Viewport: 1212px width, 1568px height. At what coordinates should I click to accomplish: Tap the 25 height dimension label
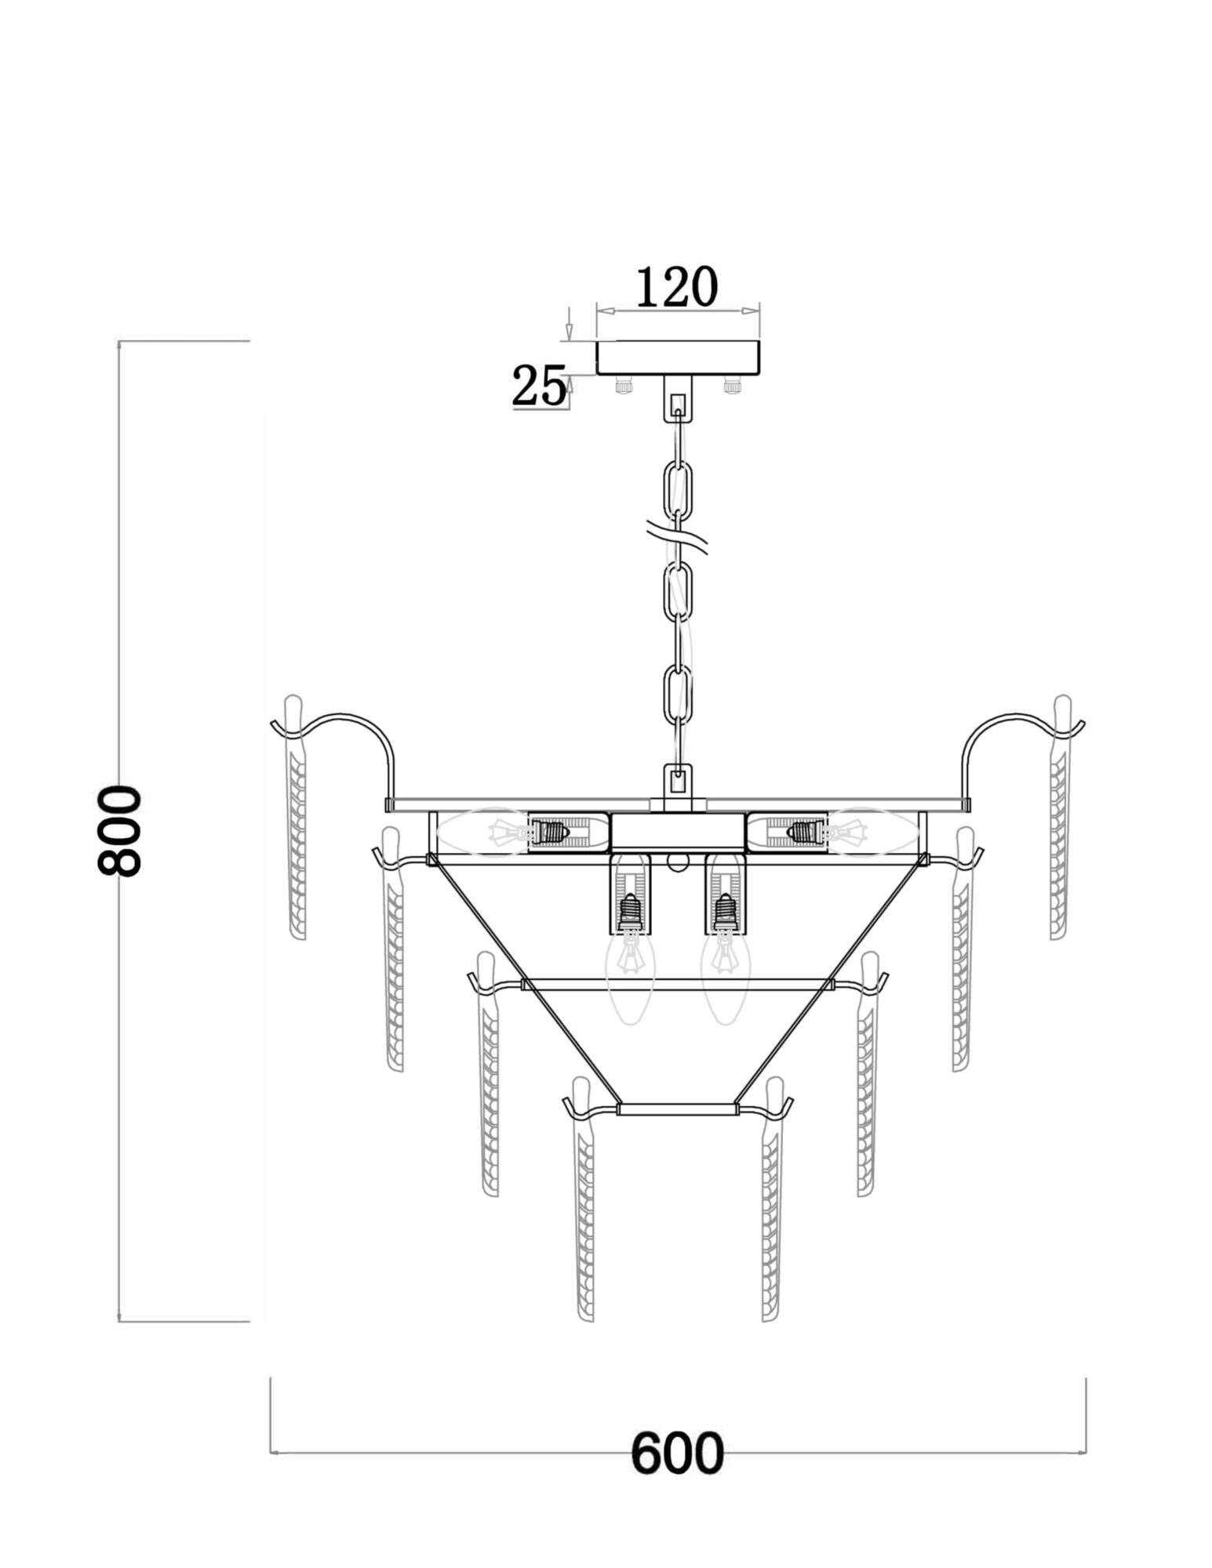(x=539, y=386)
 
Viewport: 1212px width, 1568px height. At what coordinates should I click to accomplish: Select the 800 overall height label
(x=118, y=831)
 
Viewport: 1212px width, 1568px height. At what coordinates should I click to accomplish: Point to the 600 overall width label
(x=677, y=1454)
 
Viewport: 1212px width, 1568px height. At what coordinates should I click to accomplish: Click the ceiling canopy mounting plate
(x=679, y=358)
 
